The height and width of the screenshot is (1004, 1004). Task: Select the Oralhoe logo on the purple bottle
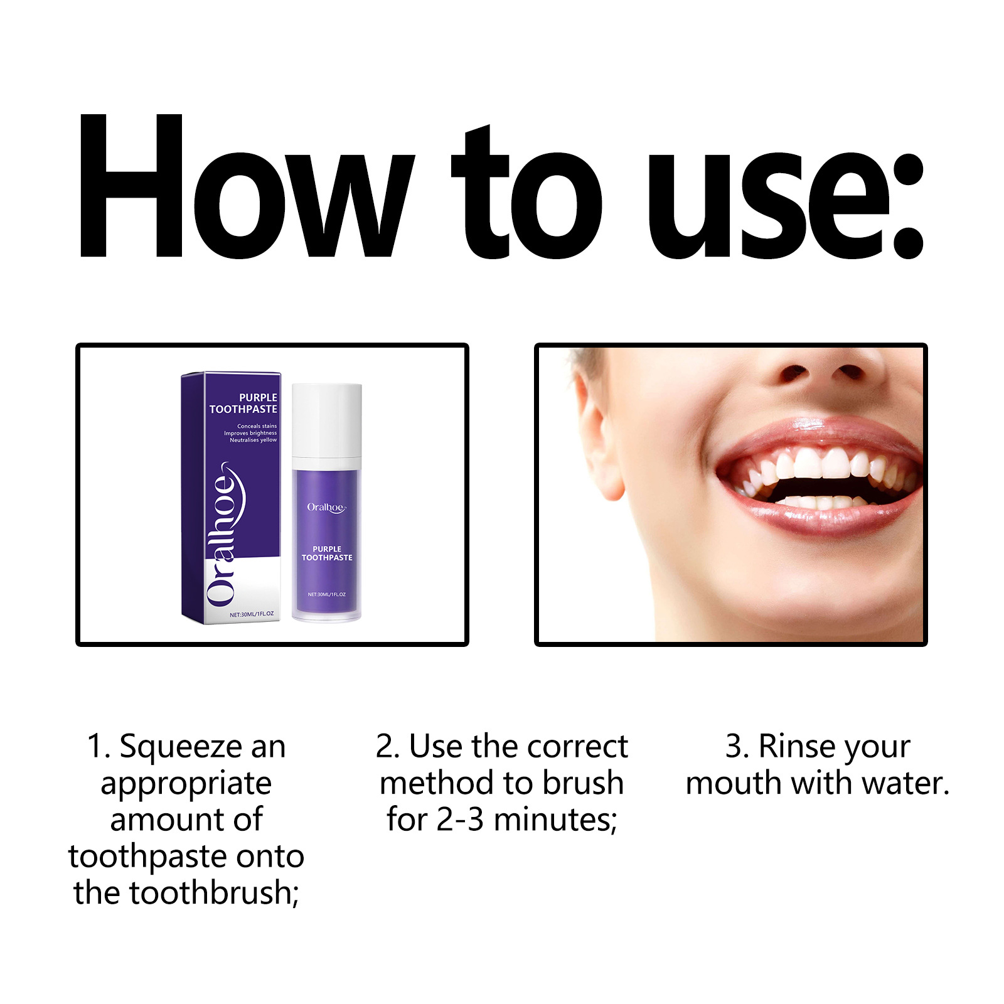tap(326, 507)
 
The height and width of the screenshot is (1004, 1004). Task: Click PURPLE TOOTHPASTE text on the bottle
tap(327, 553)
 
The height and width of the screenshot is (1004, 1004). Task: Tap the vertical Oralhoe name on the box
tap(223, 533)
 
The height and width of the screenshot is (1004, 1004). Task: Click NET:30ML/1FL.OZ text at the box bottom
tap(252, 614)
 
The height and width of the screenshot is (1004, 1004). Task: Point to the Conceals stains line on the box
tap(257, 426)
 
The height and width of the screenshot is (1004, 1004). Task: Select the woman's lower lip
tap(822, 521)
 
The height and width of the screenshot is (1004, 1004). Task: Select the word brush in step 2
tap(583, 783)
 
